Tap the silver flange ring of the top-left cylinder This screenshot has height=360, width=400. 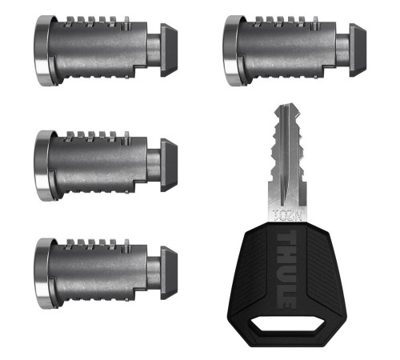pos(41,50)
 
